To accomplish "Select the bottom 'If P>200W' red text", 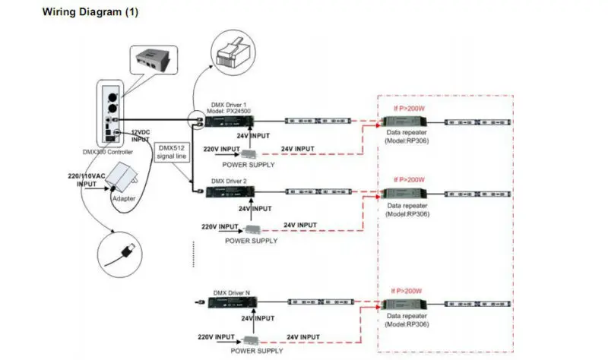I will [x=407, y=290].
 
